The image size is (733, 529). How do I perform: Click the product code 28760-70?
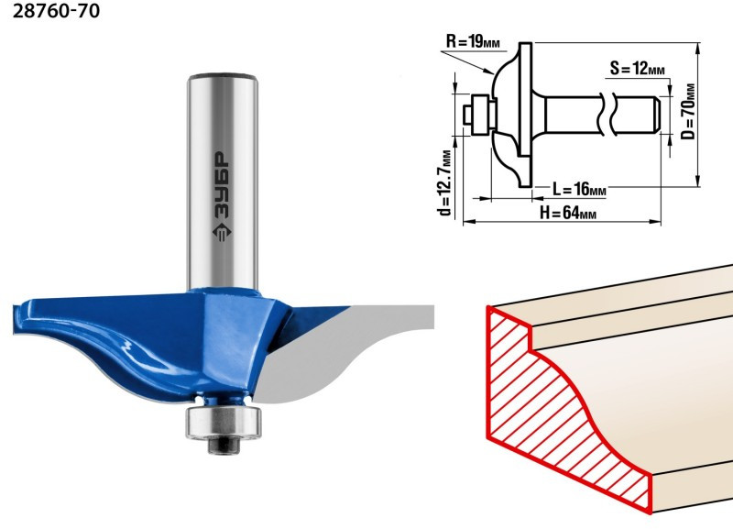click(56, 11)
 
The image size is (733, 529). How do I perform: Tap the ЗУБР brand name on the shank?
click(222, 186)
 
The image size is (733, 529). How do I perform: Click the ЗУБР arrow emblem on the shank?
click(222, 232)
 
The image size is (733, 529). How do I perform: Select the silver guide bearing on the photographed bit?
click(224, 422)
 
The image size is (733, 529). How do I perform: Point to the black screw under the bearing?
click(224, 446)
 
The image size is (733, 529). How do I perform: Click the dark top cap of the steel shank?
click(223, 76)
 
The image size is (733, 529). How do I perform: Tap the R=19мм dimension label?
click(473, 41)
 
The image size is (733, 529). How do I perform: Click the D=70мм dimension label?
click(688, 111)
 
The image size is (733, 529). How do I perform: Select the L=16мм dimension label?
click(579, 189)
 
